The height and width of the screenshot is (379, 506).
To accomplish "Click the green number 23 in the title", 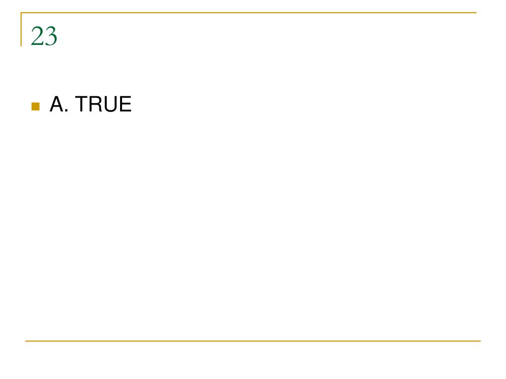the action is coord(44,36).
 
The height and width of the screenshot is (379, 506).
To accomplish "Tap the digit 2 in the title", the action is coord(37,36).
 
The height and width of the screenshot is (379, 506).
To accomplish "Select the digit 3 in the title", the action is coord(51,36).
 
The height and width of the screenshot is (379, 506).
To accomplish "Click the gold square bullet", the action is coord(36,107).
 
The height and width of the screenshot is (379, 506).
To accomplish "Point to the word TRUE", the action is coord(103,104).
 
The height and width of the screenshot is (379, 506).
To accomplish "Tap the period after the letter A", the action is coord(67,111).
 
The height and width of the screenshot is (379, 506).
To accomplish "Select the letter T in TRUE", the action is coord(82,104).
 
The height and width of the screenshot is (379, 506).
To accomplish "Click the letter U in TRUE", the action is coord(111,104).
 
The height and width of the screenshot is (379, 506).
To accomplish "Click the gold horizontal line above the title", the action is coord(249,12).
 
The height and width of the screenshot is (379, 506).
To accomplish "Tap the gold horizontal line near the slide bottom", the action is coord(253,341).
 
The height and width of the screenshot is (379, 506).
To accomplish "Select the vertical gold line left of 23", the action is coord(21,29).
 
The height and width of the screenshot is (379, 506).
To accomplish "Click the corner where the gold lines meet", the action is coord(21,12).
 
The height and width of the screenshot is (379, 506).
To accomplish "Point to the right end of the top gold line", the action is coord(476,12).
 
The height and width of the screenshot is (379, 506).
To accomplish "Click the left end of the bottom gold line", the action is coord(26,341).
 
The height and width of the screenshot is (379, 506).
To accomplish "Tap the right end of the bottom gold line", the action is coord(480,341).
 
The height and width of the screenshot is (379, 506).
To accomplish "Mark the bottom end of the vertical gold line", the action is coord(21,46).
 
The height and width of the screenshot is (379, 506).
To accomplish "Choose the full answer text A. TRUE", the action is coord(90,104).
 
